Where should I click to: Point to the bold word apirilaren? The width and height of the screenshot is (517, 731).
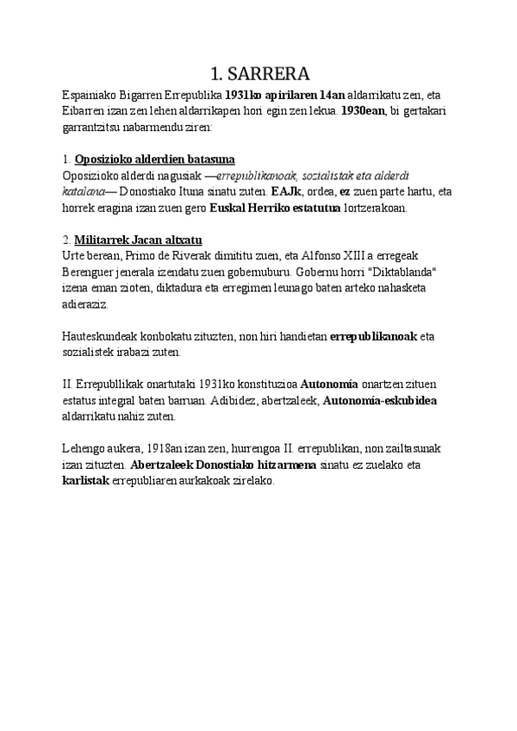pos(290,96)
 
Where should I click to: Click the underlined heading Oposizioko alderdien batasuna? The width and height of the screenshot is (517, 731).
pos(155,159)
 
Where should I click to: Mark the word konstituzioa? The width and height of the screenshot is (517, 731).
pos(259,384)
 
